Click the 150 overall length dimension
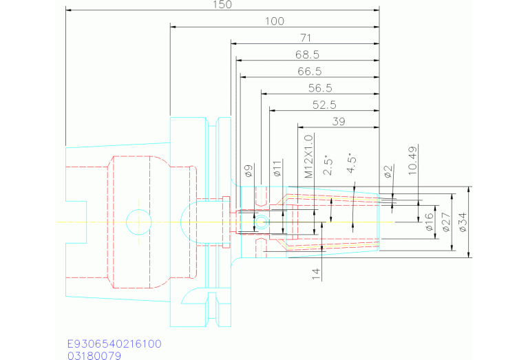(222, 4)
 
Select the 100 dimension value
(275, 21)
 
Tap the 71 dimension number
(306, 38)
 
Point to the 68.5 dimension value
(307, 54)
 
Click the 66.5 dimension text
(310, 72)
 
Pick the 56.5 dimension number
(320, 88)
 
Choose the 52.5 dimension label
(324, 105)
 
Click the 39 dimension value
(339, 122)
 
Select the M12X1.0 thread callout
(308, 156)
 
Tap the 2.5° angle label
(328, 165)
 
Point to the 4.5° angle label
(352, 163)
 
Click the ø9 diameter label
(249, 171)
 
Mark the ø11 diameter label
(277, 168)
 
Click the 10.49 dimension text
(413, 160)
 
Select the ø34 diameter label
(463, 222)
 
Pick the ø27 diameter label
(446, 222)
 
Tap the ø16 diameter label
(429, 222)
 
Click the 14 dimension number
(316, 274)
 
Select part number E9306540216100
(114, 344)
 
